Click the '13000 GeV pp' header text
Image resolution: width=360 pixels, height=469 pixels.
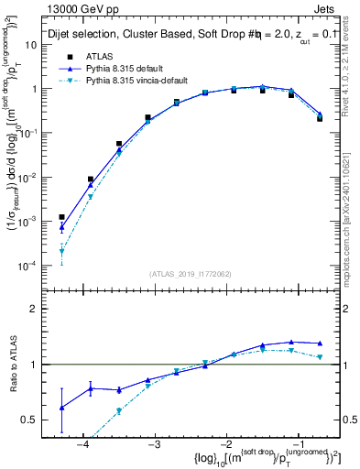tap(79, 8)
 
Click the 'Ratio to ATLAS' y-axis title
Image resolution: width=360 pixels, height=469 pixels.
tap(13, 365)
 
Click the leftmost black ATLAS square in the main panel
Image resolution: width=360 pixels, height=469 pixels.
tap(61, 217)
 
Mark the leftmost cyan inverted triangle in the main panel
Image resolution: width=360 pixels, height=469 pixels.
tap(61, 251)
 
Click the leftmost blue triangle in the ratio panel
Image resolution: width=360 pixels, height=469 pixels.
tap(61, 408)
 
